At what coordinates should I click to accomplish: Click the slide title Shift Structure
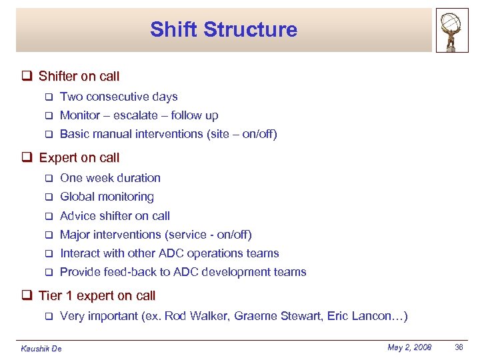(x=223, y=29)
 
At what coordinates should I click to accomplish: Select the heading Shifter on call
(x=79, y=76)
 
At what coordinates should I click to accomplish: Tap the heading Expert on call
(x=79, y=158)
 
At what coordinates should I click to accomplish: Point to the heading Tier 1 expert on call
(x=97, y=295)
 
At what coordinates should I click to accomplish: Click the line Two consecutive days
(x=119, y=97)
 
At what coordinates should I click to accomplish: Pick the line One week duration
(x=110, y=178)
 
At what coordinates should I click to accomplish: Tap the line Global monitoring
(x=107, y=197)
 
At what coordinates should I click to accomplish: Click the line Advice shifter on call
(x=115, y=216)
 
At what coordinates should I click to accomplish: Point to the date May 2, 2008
(x=409, y=347)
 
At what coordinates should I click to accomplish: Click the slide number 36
(x=459, y=347)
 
